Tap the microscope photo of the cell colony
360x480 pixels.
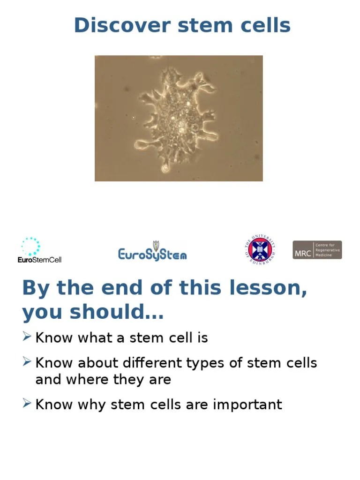[x=179, y=118]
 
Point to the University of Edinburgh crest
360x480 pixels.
[x=260, y=250]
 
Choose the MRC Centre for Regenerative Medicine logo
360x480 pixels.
[x=317, y=250]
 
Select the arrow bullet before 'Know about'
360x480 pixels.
[x=27, y=361]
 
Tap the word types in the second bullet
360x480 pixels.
[x=202, y=363]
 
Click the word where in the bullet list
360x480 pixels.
[x=85, y=379]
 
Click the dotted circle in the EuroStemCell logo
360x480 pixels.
[x=31, y=247]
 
